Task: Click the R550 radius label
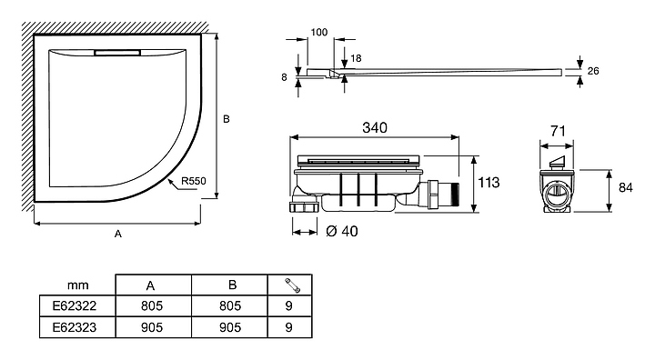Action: pos(194,181)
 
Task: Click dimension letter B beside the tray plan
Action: pos(227,119)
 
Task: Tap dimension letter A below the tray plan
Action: pos(118,234)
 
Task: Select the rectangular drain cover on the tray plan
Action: pos(117,53)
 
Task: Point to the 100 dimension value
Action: pos(319,32)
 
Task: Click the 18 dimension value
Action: pos(356,58)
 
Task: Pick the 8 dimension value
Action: pos(284,77)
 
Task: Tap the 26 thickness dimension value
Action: pos(593,71)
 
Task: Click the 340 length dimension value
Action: pos(375,127)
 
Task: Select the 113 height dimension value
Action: pos(489,183)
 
